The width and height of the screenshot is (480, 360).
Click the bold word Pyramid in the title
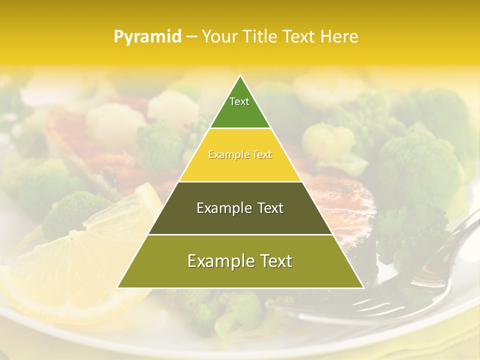(147, 37)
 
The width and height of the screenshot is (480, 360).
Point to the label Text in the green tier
(239, 101)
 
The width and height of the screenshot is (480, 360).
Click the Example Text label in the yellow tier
(240, 155)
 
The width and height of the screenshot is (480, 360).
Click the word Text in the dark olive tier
(267, 208)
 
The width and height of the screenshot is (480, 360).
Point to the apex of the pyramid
(240, 76)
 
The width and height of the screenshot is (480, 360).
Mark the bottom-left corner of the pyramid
(118, 287)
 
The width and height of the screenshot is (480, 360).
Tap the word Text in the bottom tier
(275, 261)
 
